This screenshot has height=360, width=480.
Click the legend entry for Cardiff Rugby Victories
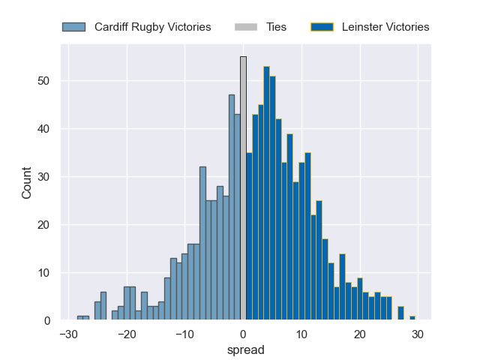(x=136, y=27)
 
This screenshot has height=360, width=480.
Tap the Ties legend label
(x=276, y=27)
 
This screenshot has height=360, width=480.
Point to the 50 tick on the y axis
(x=49, y=81)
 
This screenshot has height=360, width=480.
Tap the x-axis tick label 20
(x=360, y=334)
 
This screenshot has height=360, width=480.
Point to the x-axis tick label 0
(x=243, y=334)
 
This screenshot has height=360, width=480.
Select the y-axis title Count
(x=27, y=182)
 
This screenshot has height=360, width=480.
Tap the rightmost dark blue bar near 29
(x=412, y=318)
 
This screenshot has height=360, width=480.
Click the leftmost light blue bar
(x=80, y=318)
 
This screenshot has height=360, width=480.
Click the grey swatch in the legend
(x=246, y=27)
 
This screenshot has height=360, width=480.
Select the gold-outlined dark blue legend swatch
(x=322, y=27)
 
